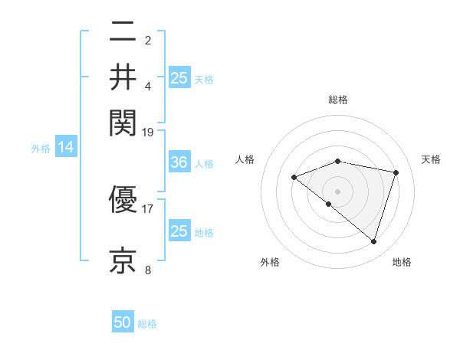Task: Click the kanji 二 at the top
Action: (123, 33)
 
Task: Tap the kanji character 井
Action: (123, 77)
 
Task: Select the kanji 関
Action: (123, 121)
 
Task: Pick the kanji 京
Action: (123, 259)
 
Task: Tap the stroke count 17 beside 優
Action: (148, 208)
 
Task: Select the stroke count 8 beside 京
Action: (148, 269)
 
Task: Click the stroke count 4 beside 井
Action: (148, 85)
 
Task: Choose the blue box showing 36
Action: (179, 162)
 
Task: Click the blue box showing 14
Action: (66, 148)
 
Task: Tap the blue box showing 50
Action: (123, 322)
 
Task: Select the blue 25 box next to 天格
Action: (179, 77)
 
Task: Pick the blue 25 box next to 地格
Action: (179, 231)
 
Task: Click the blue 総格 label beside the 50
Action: (147, 324)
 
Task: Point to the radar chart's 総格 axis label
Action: (338, 100)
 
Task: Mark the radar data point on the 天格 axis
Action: (396, 172)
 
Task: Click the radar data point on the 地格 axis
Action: (373, 241)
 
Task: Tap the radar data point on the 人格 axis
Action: (294, 177)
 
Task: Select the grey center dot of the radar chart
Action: (338, 191)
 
